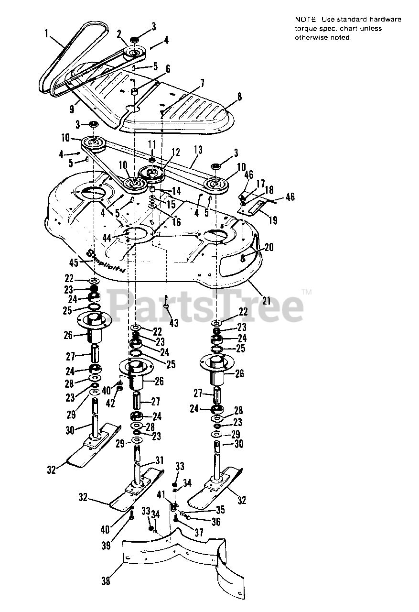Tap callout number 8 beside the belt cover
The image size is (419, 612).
[239, 97]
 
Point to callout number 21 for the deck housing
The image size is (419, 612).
[266, 301]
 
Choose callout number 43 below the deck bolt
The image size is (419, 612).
[173, 323]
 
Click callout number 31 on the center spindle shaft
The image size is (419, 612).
[159, 461]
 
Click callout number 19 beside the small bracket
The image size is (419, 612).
[272, 221]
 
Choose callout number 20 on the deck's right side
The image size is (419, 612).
[269, 247]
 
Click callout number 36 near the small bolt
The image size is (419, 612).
[215, 522]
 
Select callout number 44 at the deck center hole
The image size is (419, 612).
[107, 238]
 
